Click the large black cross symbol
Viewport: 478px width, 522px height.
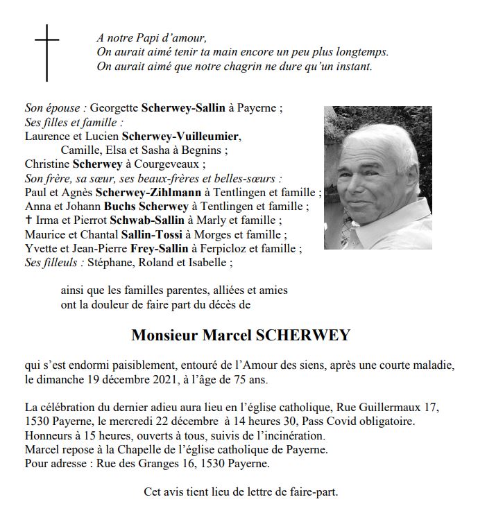tap(47, 52)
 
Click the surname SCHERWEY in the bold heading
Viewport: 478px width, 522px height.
tap(303, 336)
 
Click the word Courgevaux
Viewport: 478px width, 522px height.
tap(173, 164)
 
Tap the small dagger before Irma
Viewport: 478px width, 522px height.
tap(28, 220)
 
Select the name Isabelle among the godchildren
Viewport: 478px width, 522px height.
tap(207, 263)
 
